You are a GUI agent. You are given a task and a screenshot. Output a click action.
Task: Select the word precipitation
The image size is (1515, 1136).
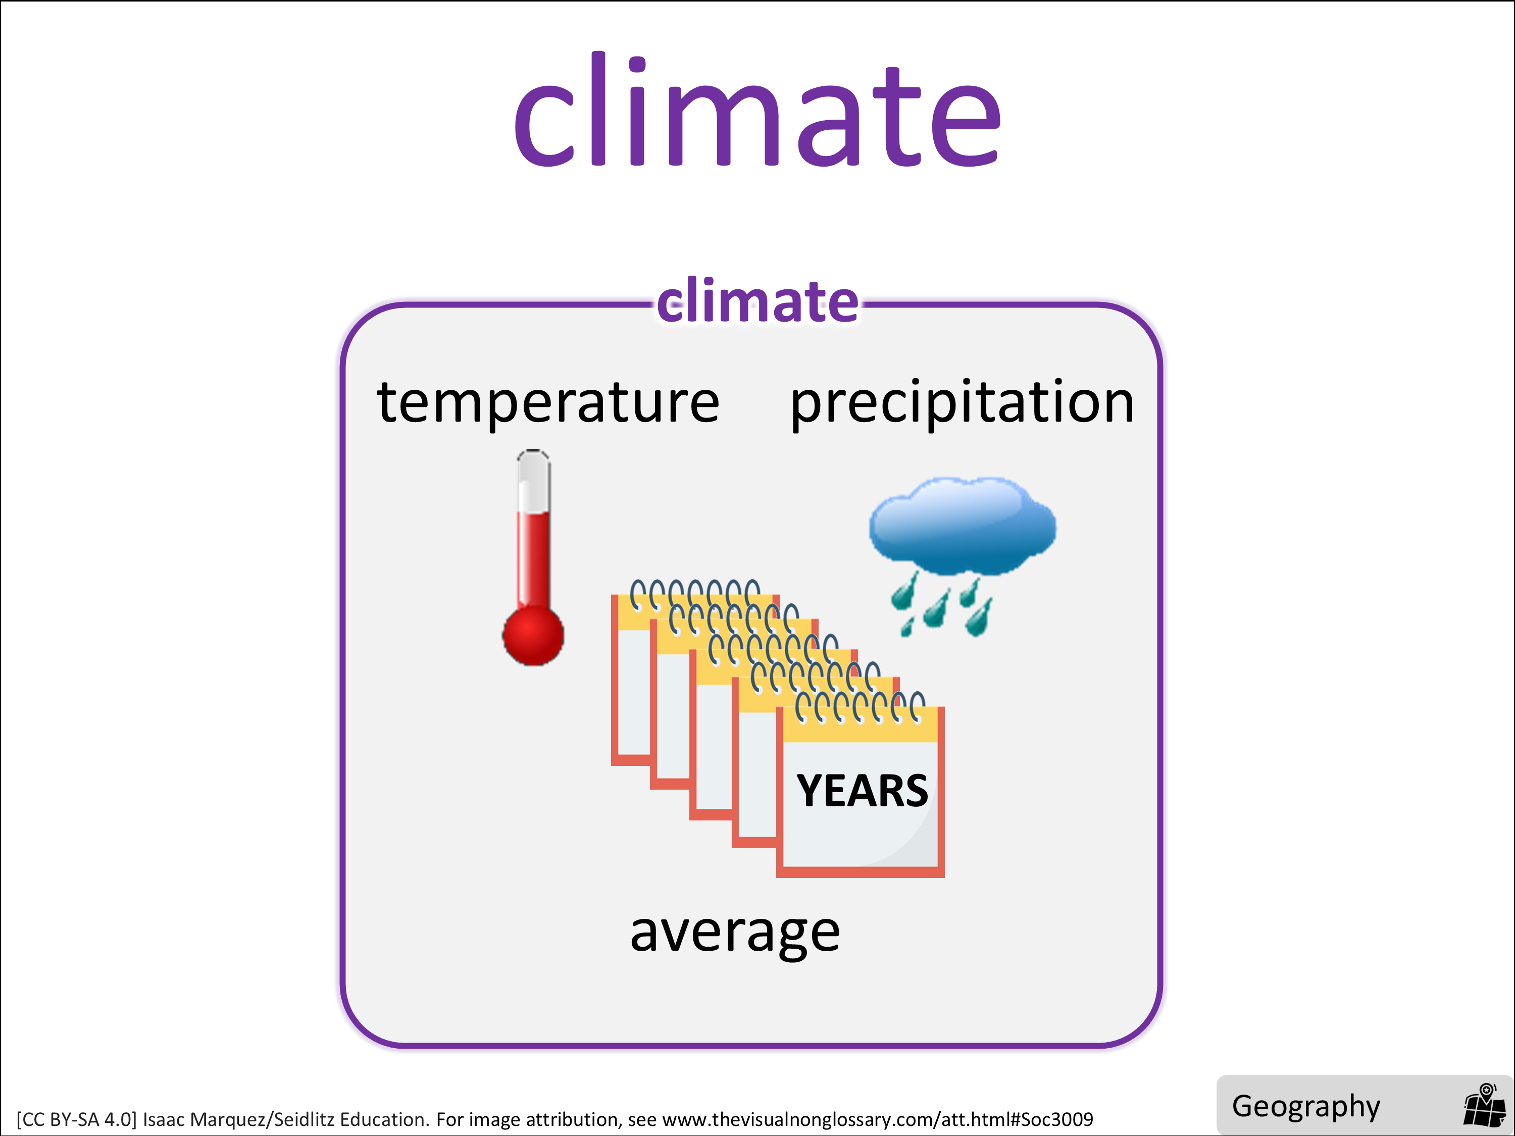pyautogui.click(x=962, y=404)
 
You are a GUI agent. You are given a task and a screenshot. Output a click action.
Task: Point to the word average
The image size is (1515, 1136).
pyautogui.click(x=735, y=934)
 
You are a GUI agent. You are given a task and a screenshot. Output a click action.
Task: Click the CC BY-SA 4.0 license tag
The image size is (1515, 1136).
pyautogui.click(x=77, y=1119)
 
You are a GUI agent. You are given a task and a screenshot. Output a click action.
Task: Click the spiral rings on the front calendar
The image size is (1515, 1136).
pyautogui.click(x=860, y=707)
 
